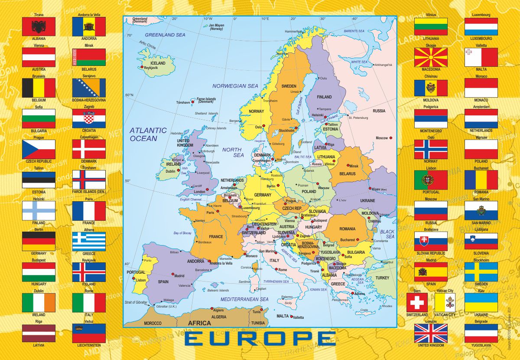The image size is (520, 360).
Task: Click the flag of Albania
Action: [x=39, y=26]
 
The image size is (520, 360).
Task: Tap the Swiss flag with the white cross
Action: [x=417, y=302]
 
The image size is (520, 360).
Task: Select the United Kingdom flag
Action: [x=431, y=333]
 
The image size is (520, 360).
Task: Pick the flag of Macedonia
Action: [x=431, y=57]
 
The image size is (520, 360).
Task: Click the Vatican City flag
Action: [x=445, y=302]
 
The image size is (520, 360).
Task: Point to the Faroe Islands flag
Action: [x=89, y=180]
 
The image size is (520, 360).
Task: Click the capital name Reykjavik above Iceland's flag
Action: [x=89, y=260]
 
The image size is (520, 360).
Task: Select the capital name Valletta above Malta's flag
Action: [x=481, y=45]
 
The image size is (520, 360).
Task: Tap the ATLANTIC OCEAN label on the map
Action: [x=148, y=134]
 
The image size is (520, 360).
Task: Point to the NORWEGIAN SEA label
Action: [x=235, y=86]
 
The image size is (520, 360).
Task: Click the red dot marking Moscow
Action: [x=391, y=138]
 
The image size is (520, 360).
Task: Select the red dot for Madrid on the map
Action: [x=173, y=274]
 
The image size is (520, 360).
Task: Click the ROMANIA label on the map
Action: [x=347, y=229]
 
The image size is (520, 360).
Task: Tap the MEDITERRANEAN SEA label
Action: [x=244, y=299]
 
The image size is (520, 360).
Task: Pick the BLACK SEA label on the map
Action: [x=387, y=234]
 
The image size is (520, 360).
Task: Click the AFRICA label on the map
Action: [x=199, y=323]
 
